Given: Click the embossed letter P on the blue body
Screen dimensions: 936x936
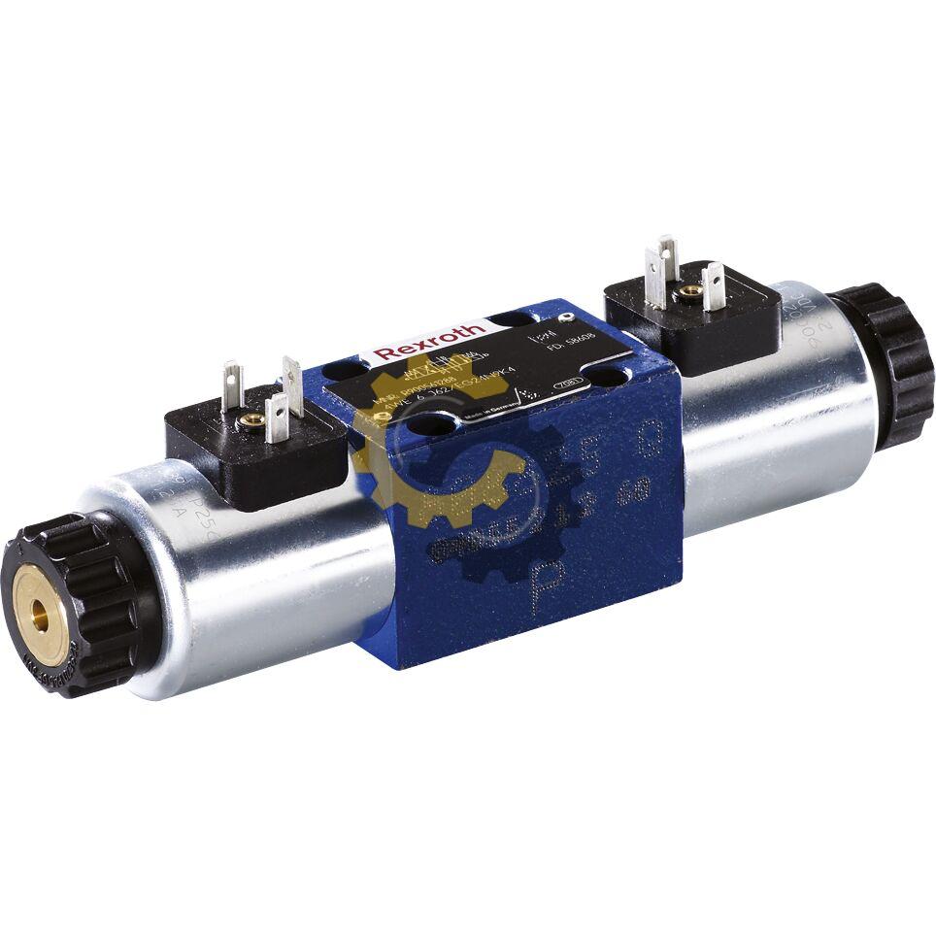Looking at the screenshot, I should pyautogui.click(x=546, y=582).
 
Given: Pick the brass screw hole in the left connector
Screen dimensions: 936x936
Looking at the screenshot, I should pyautogui.click(x=252, y=419).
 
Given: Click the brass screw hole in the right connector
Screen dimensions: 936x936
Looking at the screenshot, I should pyautogui.click(x=689, y=289).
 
